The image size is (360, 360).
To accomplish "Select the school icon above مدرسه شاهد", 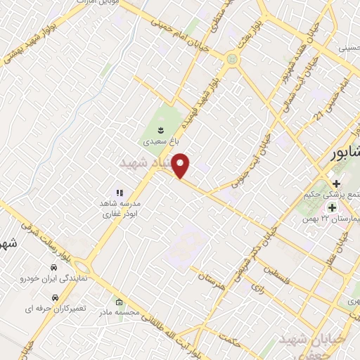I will coord(119,192).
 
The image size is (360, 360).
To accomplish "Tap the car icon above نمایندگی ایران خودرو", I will coord(53,268).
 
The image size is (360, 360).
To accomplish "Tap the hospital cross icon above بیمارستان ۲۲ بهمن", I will coord(332,208).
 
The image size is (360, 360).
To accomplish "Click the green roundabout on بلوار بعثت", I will coord(233,60).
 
